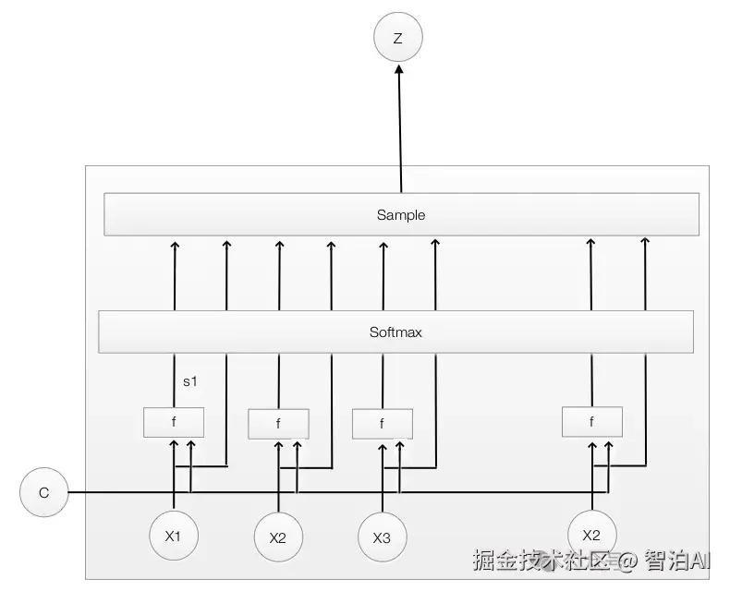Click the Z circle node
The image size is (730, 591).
(x=397, y=39)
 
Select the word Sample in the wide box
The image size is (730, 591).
(x=401, y=215)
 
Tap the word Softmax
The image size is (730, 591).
(x=395, y=332)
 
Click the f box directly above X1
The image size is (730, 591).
(x=173, y=422)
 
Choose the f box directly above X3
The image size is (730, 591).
(x=383, y=424)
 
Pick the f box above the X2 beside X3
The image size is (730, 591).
(x=278, y=424)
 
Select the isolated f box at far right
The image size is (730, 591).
(x=592, y=422)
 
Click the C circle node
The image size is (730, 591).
(x=43, y=493)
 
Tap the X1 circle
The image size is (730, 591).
(x=174, y=534)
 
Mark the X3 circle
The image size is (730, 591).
(x=383, y=537)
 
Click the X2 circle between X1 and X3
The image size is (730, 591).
(x=278, y=537)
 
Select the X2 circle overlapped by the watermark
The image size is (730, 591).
(x=592, y=534)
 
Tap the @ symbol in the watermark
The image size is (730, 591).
(x=627, y=561)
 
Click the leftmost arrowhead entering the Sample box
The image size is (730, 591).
(x=174, y=244)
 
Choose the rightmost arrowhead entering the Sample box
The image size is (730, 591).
(x=645, y=242)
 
